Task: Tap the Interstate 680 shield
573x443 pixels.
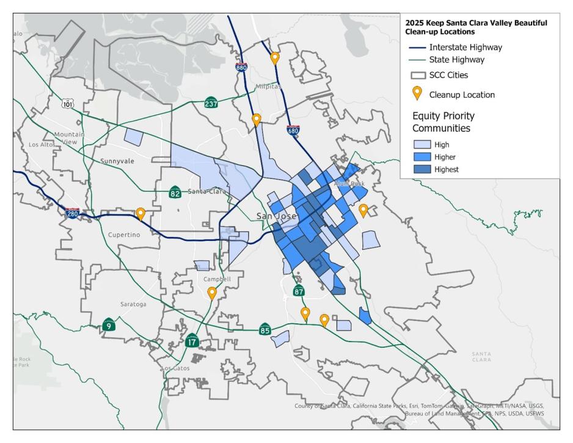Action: coord(293,130)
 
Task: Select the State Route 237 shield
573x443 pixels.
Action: coord(211,102)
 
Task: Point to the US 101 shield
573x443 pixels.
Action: coord(67,103)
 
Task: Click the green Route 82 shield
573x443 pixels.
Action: coord(175,192)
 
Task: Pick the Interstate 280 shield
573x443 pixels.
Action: coord(72,213)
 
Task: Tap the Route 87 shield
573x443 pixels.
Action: coord(299,291)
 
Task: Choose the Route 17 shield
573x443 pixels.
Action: coord(192,341)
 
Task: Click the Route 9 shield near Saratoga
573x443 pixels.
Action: coord(109,324)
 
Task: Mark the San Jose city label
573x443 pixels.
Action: coord(276,216)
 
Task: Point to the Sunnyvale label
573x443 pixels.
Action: coord(117,161)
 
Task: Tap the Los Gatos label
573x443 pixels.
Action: coord(176,368)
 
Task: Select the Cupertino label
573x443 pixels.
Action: coord(124,235)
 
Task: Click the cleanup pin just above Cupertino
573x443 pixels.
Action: coord(141,213)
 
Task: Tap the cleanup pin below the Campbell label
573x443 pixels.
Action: coord(212,293)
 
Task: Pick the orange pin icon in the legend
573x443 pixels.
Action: coord(417,93)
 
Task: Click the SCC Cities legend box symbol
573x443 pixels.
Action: coord(418,76)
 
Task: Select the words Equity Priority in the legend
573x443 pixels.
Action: coord(443,115)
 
